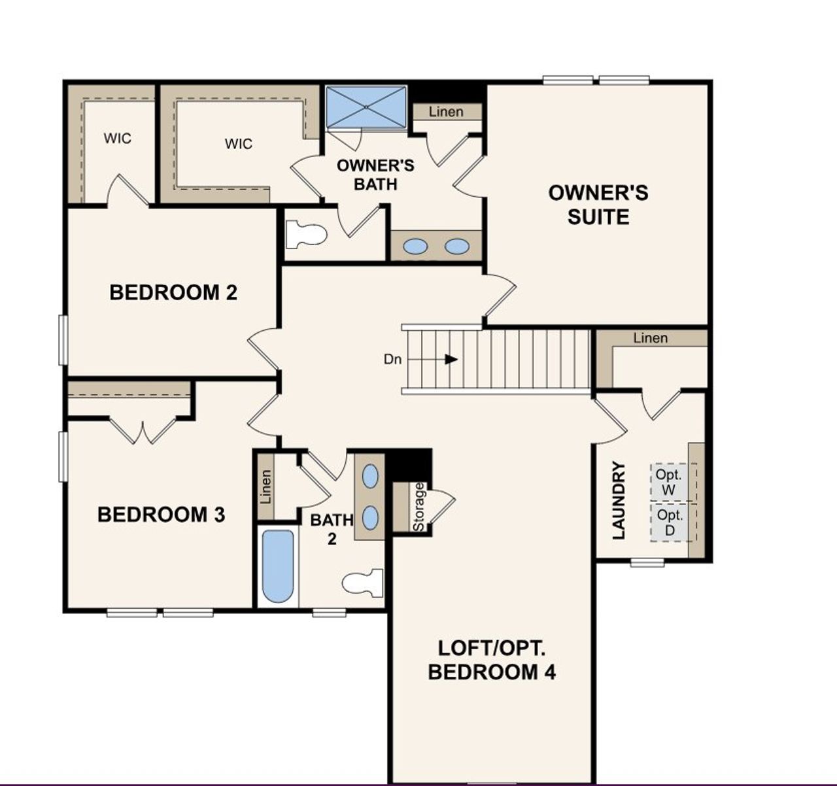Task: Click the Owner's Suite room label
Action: click(598, 205)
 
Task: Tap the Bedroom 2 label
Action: click(173, 292)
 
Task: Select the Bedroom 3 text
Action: click(161, 515)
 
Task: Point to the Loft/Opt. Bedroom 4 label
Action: click(492, 660)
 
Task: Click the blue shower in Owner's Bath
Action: click(366, 107)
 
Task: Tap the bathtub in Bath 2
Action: click(278, 566)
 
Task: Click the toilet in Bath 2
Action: click(364, 583)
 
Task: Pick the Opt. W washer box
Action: click(669, 482)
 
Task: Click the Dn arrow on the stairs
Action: click(450, 359)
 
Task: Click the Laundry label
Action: click(619, 500)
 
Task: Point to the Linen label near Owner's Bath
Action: click(446, 112)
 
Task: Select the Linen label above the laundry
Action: click(651, 338)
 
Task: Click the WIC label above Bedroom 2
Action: click(118, 138)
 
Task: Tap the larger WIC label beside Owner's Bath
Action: click(238, 143)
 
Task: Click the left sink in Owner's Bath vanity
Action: click(415, 247)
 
